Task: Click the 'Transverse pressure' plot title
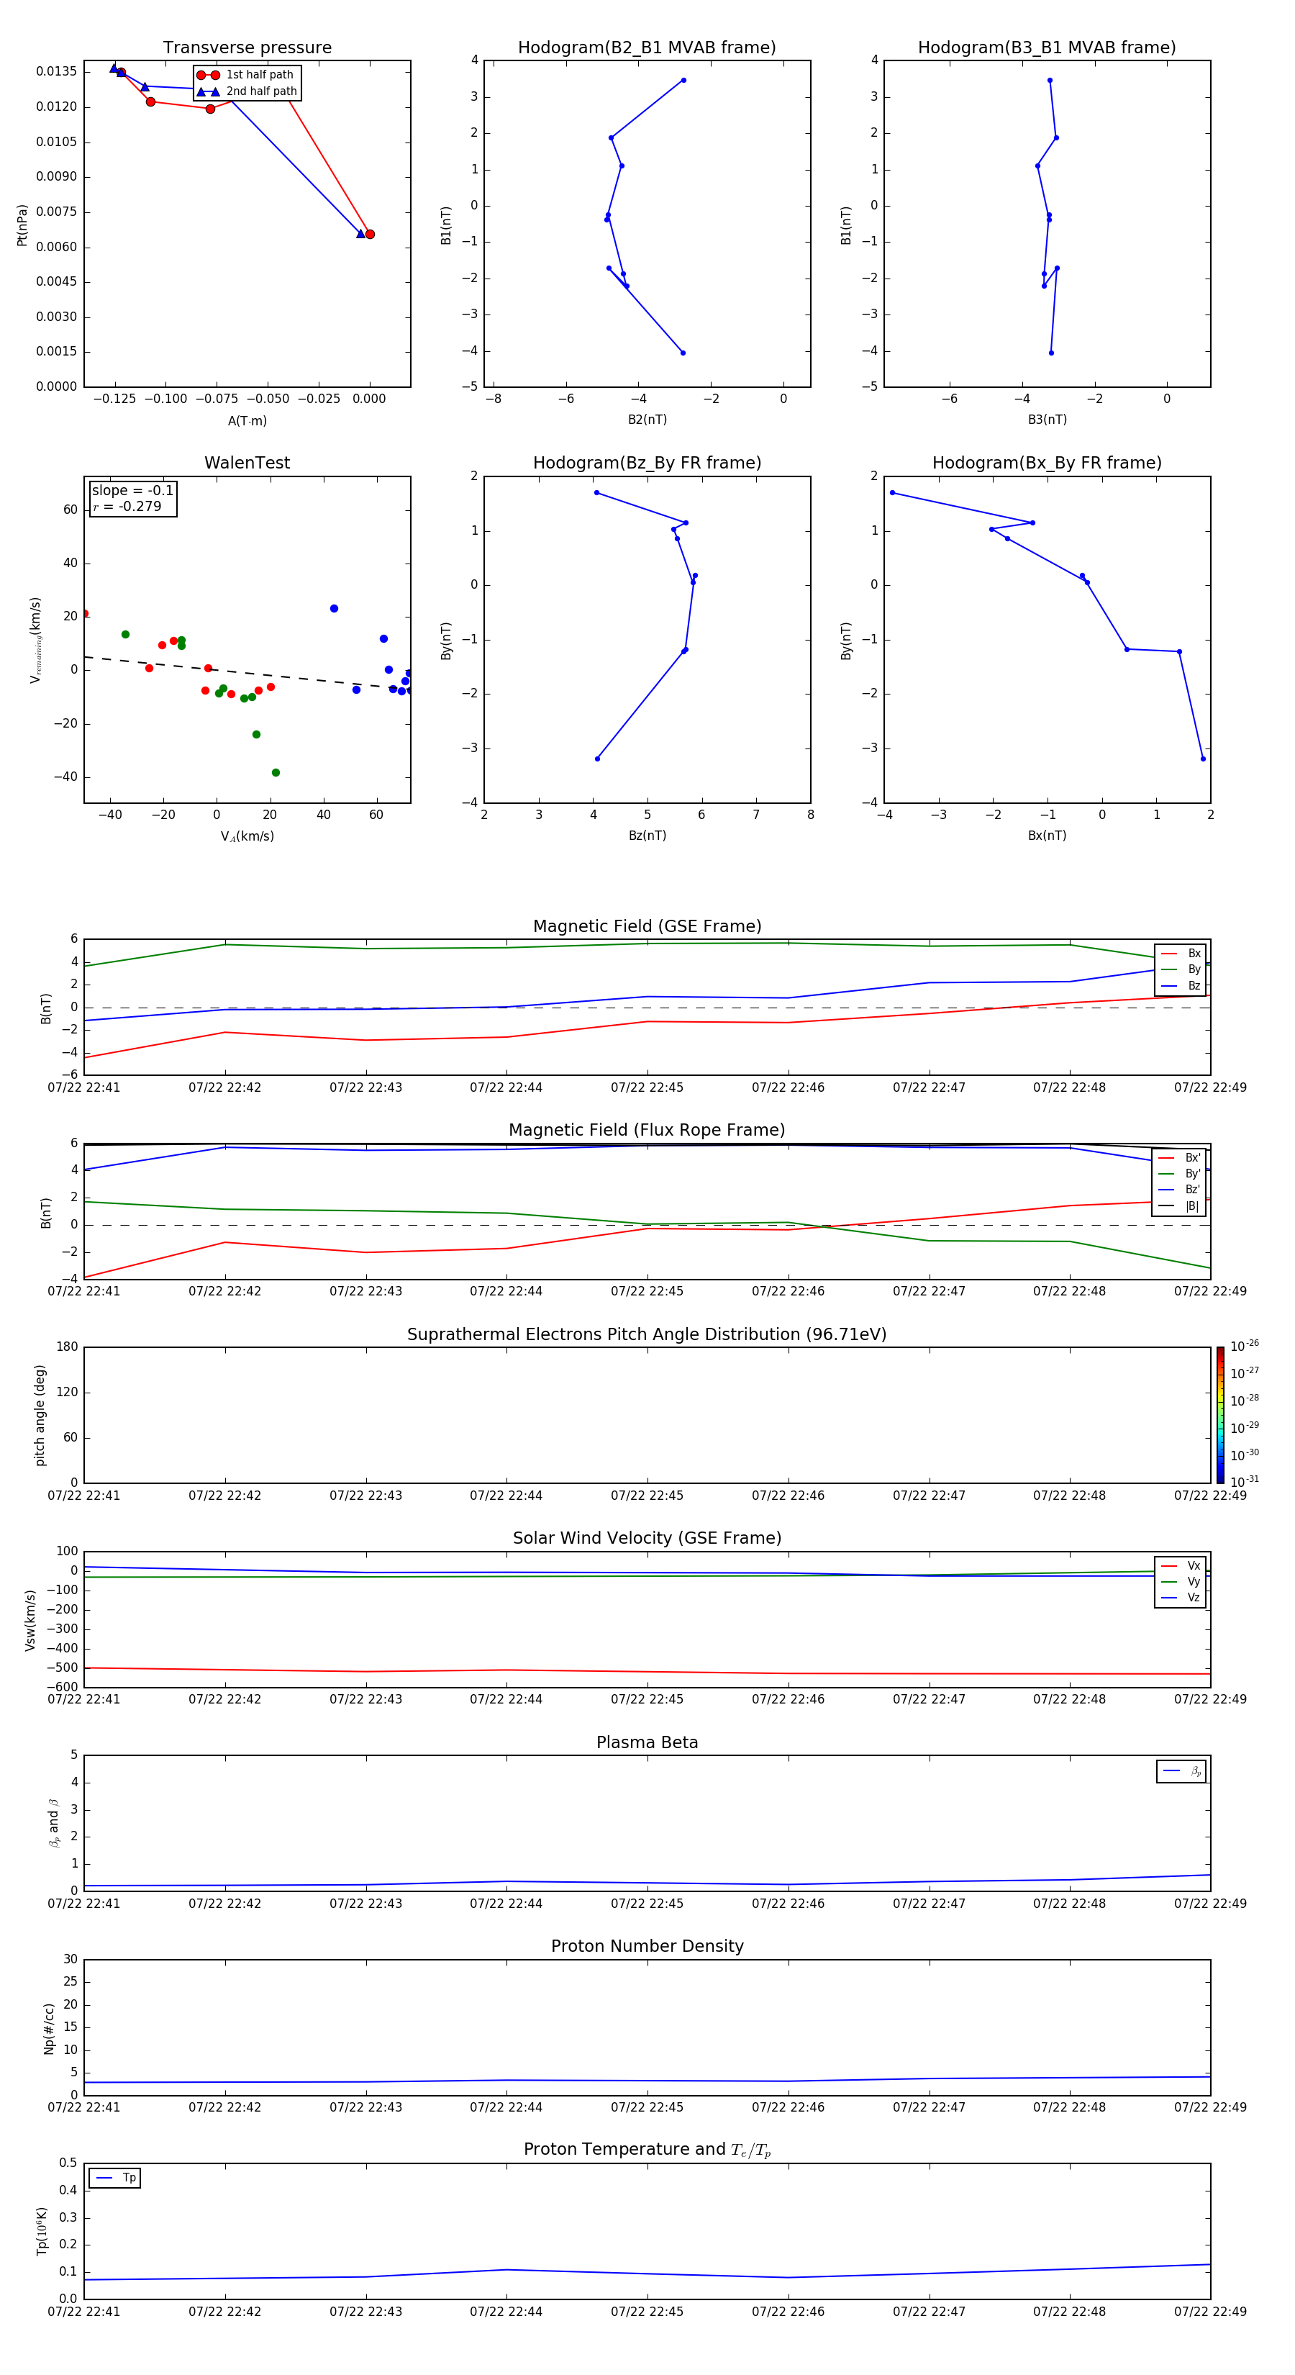point(247,48)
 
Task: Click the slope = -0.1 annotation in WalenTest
point(132,491)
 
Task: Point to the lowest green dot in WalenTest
point(276,773)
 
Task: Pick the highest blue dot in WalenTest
point(334,608)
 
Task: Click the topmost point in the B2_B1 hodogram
point(683,80)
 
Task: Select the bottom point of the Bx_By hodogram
point(1203,759)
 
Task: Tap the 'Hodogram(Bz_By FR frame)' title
point(647,463)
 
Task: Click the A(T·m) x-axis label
point(247,420)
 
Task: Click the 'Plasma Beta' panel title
point(647,1742)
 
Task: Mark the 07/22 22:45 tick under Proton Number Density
point(647,2107)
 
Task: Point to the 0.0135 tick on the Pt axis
point(56,72)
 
